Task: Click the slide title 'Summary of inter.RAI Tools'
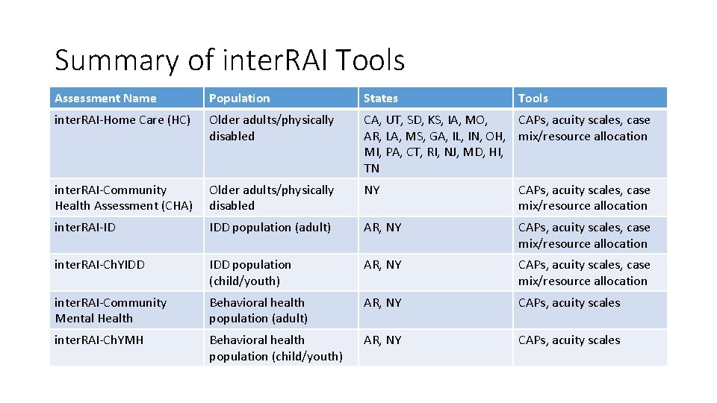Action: pos(229,60)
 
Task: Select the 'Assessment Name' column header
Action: pos(105,99)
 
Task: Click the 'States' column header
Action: pos(380,99)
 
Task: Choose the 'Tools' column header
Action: pos(533,99)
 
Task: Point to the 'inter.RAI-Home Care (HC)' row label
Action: pos(122,120)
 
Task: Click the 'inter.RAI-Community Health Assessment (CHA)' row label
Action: pos(123,198)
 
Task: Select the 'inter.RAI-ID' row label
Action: pos(85,228)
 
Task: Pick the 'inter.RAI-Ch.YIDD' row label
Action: pos(99,265)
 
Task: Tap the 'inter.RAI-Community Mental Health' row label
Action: pos(111,310)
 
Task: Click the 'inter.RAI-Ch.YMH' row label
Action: pos(99,340)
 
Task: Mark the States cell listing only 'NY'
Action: pos(371,190)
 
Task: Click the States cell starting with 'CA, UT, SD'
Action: pos(434,144)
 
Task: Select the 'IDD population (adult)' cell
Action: pos(270,228)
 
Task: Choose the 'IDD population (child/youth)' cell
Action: pos(250,273)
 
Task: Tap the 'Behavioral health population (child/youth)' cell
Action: pos(276,349)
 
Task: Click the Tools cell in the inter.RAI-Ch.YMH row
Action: pos(569,340)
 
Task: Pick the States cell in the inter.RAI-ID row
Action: pos(382,228)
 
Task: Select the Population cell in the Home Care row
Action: pos(271,128)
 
